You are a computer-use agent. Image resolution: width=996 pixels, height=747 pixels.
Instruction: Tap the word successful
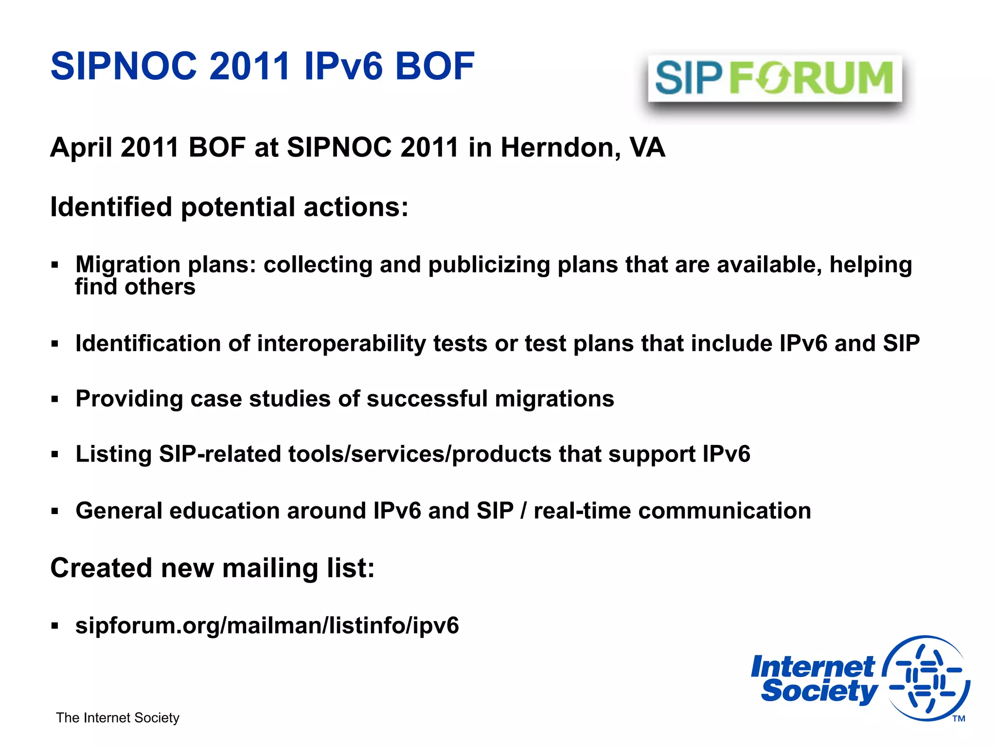427,399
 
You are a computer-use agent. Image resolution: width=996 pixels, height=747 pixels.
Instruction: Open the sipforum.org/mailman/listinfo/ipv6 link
267,625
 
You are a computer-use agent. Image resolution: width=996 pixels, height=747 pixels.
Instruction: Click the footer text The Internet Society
118,718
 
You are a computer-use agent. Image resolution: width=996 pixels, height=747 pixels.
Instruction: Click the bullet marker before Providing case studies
54,400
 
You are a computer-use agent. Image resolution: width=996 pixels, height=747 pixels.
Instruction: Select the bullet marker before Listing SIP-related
54,455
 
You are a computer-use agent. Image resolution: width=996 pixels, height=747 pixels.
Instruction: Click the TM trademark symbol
959,719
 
